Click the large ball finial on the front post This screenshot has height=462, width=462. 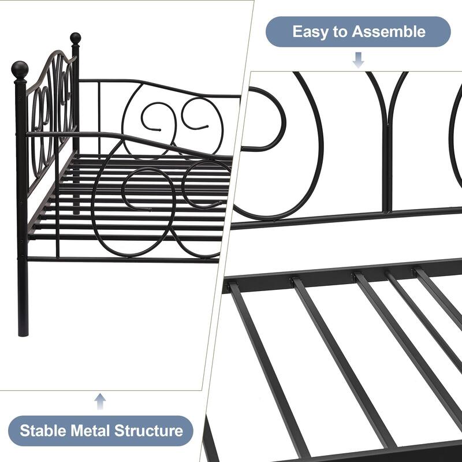tap(20, 70)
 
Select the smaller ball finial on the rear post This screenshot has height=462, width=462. tap(75, 38)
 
